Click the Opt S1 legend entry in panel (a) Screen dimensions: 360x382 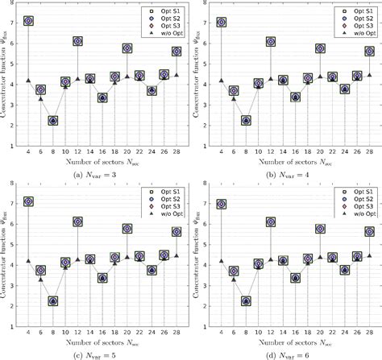pos(162,10)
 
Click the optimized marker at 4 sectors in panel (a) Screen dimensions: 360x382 pos(28,21)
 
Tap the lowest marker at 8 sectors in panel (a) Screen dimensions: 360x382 pos(52,120)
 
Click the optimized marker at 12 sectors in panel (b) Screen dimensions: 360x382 pos(270,41)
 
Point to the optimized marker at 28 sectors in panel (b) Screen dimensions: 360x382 pos(369,51)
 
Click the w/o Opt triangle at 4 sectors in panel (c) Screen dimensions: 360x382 pos(28,262)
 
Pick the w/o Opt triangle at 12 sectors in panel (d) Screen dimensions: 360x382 pos(270,260)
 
